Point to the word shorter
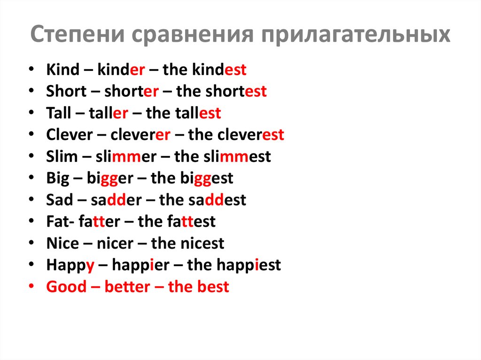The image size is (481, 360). [x=132, y=92]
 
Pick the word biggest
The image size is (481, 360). [x=207, y=178]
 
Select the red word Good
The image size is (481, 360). [x=66, y=287]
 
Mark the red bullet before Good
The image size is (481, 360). [x=31, y=286]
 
